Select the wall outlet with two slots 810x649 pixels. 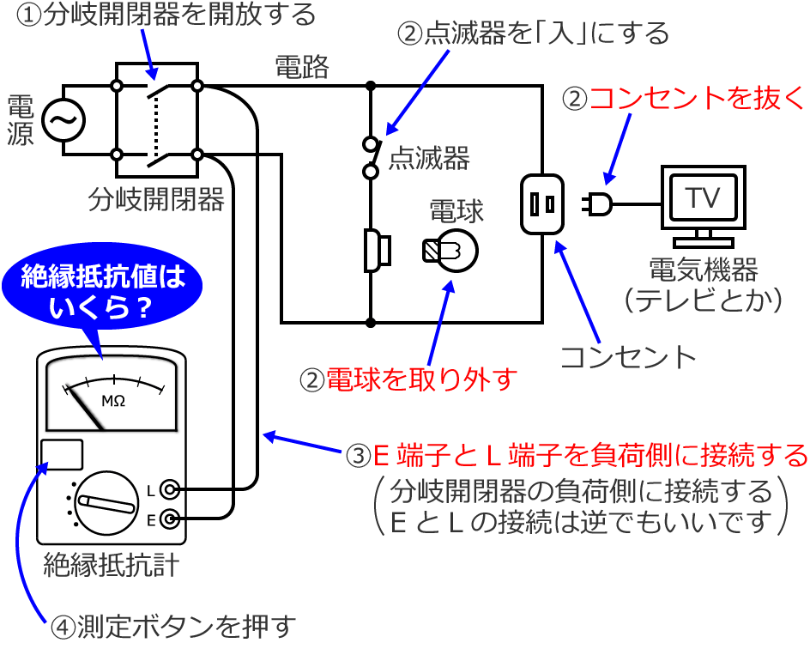(x=541, y=203)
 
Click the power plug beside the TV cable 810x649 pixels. (x=598, y=203)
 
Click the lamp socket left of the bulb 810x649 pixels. (x=377, y=251)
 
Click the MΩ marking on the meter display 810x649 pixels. (x=114, y=401)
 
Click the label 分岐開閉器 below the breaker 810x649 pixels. (x=156, y=200)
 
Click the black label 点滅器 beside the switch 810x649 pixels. (x=429, y=158)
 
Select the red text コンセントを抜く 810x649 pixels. (x=696, y=98)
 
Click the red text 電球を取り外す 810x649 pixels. (x=420, y=379)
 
